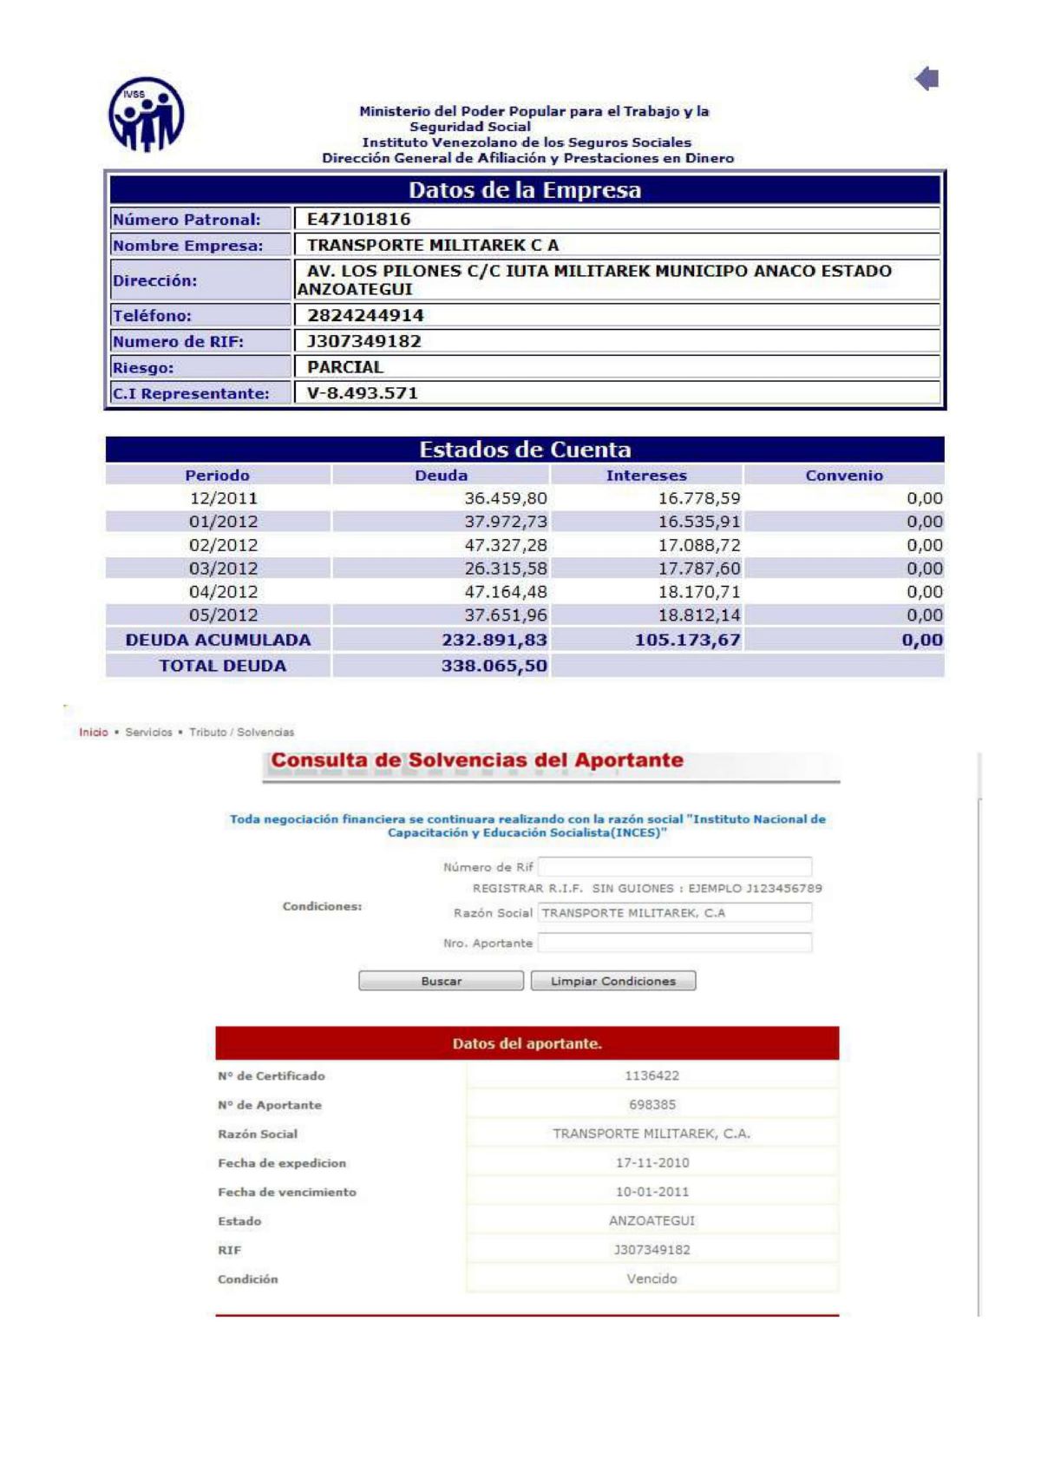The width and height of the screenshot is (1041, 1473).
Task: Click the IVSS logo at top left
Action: [146, 114]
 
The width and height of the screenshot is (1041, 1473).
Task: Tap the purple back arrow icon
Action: [926, 79]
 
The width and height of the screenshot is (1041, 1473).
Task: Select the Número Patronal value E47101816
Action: [358, 219]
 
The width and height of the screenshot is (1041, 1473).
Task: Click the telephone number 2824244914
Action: [365, 315]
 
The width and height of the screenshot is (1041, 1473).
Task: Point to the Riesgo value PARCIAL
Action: [345, 367]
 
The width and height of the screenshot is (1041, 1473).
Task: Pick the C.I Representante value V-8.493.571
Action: [363, 393]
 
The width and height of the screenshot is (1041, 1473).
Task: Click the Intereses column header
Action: [646, 475]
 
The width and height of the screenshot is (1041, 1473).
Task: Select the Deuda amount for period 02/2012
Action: [506, 545]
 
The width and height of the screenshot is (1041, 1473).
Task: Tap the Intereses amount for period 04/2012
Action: [699, 592]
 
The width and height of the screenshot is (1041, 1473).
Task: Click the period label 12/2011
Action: [224, 498]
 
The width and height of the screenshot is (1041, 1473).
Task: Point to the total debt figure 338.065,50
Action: [494, 666]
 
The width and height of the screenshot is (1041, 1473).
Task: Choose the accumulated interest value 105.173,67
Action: [688, 640]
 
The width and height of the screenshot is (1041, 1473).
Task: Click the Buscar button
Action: [441, 981]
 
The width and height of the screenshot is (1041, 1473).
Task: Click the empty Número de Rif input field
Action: [675, 866]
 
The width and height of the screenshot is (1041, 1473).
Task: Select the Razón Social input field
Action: [675, 912]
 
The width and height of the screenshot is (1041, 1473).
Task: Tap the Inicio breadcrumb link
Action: [94, 733]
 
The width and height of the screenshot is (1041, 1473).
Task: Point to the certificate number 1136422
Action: [652, 1075]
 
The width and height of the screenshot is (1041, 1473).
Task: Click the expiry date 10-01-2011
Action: [652, 1192]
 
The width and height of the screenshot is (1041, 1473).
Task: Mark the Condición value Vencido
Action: [652, 1279]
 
